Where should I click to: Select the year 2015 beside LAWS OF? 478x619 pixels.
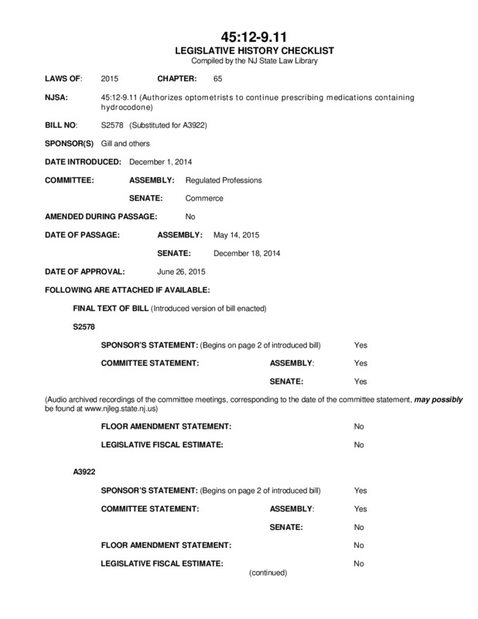click(x=110, y=79)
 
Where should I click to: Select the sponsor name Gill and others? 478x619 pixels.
click(x=125, y=143)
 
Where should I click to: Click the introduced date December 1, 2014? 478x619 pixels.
click(x=160, y=162)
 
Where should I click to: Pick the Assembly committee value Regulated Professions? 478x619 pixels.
click(x=224, y=180)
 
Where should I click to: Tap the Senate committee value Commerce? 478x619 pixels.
click(x=204, y=199)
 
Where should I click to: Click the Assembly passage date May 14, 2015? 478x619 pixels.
click(x=235, y=234)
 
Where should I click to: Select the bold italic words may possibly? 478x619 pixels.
click(x=439, y=399)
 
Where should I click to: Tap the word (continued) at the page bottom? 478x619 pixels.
click(x=268, y=573)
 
